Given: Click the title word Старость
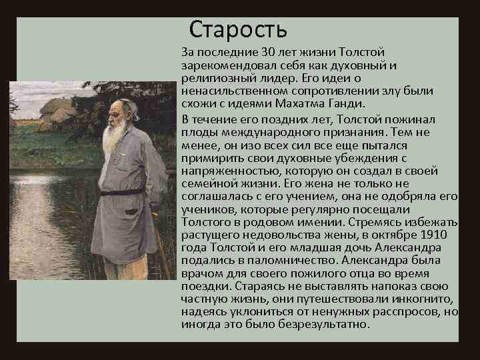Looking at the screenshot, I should tap(238, 29).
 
